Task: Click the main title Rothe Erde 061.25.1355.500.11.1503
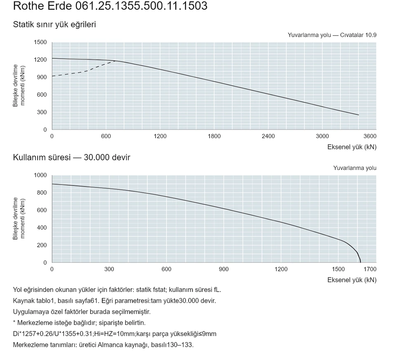tap(110, 6)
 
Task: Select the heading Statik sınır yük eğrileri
tap(54, 24)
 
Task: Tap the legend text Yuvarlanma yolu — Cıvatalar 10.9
tap(332, 35)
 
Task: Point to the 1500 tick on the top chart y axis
tap(40, 42)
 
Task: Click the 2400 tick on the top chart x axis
tap(268, 136)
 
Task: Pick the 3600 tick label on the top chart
tap(370, 136)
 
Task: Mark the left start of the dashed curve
tap(52, 76)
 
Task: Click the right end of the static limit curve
tap(358, 115)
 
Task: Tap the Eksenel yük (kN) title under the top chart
tap(352, 147)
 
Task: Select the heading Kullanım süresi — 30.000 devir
tap(71, 157)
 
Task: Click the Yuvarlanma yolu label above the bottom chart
tap(355, 168)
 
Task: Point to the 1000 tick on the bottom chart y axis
tap(40, 175)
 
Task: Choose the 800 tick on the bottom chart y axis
tap(42, 193)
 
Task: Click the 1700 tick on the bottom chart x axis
tap(370, 269)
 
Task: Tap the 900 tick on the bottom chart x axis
tap(224, 269)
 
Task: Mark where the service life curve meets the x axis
tap(361, 263)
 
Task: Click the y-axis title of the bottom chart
tap(19, 219)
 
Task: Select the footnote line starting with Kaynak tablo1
tap(114, 301)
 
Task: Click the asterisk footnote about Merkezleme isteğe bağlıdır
tap(79, 323)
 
